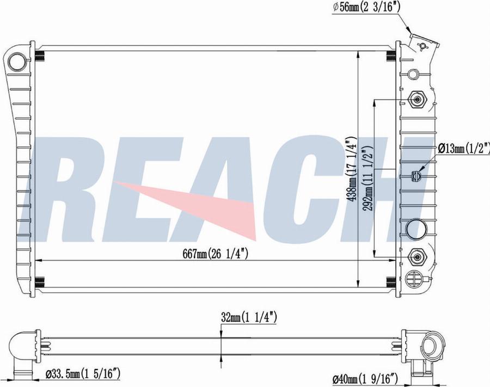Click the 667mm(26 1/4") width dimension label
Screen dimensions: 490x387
(216, 254)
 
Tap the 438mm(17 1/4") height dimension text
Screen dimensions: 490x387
(353, 169)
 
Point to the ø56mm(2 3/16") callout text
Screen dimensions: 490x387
(366, 7)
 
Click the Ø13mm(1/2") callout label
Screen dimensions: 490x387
(464, 149)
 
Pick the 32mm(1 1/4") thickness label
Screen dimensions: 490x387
(249, 318)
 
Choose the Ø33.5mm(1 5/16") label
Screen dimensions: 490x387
(83, 373)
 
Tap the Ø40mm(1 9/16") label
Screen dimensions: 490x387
(365, 379)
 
